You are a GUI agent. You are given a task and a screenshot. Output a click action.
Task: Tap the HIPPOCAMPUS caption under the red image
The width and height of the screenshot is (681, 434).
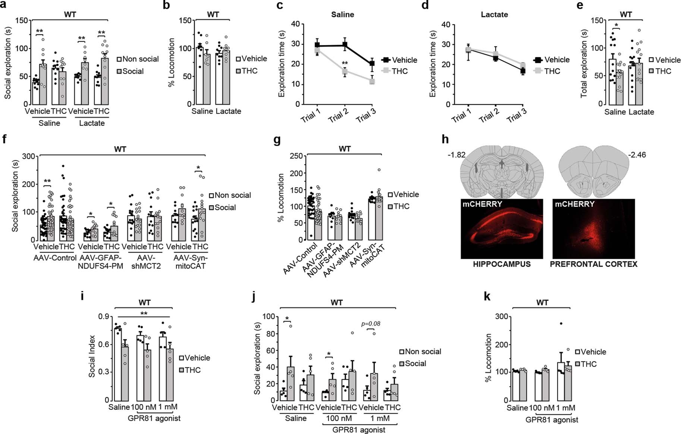(x=502, y=264)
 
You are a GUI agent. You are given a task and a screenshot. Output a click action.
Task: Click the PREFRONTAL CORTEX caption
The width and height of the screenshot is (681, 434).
(x=593, y=264)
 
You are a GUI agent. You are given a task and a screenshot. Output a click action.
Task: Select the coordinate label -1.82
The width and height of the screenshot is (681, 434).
(x=457, y=154)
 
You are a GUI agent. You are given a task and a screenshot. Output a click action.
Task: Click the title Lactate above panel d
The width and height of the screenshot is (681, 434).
(x=494, y=15)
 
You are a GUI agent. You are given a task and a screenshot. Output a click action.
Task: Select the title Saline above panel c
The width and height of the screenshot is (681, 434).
(x=342, y=15)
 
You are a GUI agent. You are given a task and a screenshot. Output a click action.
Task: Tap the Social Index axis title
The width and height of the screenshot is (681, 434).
(x=92, y=356)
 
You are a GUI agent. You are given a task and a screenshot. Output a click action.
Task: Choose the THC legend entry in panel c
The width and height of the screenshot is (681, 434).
(x=399, y=71)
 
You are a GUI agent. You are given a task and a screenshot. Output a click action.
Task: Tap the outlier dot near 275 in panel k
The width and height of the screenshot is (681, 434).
(x=561, y=324)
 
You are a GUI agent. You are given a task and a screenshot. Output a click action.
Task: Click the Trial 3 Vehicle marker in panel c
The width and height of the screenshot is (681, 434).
(x=372, y=63)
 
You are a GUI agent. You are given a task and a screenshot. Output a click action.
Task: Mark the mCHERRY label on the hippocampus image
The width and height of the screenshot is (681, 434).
(x=482, y=204)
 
